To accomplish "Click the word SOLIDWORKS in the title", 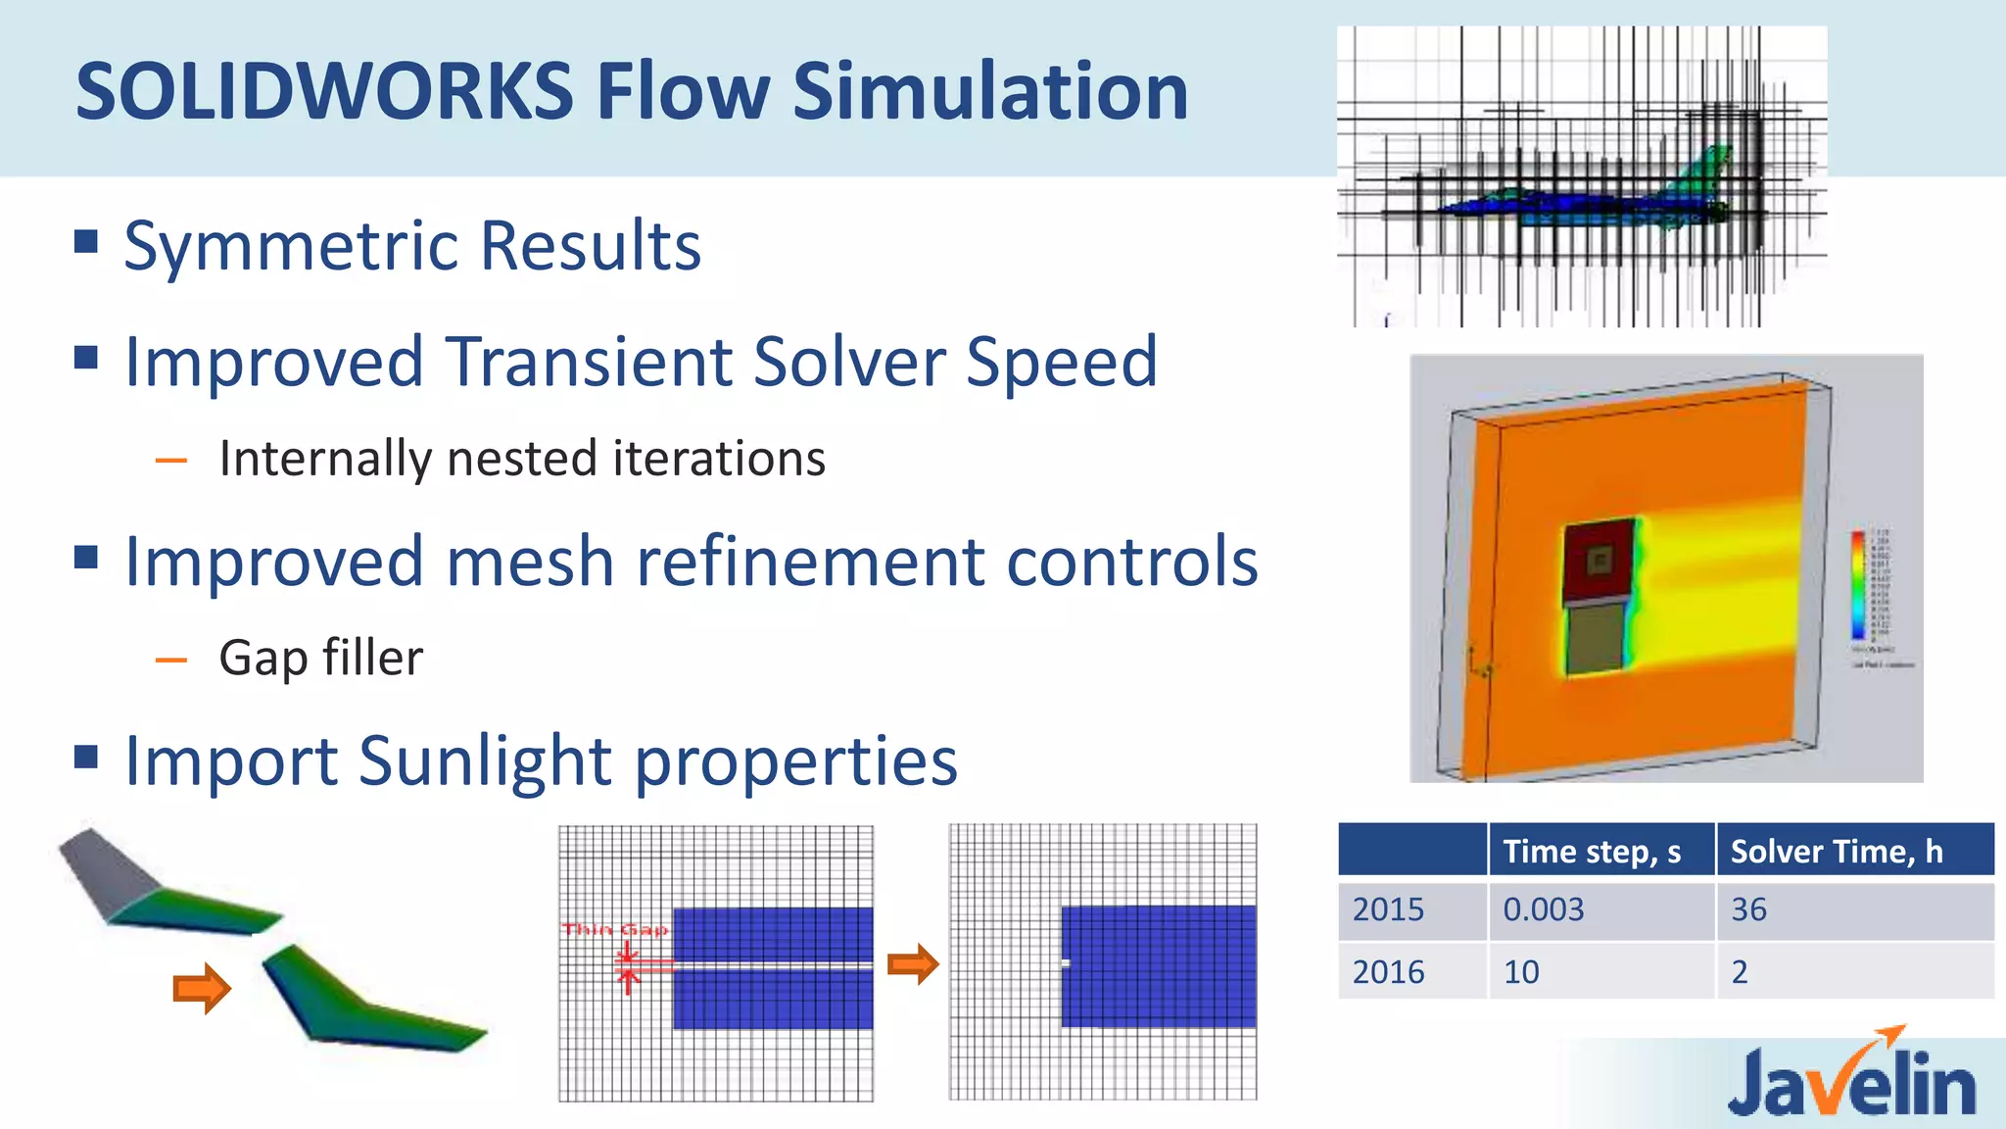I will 323,91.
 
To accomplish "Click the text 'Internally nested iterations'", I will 522,459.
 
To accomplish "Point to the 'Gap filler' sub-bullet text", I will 320,658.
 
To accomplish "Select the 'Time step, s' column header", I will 1592,851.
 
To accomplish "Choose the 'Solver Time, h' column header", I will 1836,851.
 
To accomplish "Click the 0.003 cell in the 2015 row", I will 1543,909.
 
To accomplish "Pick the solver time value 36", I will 1748,909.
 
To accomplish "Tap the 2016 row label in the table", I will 1388,972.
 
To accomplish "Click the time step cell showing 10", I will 1521,972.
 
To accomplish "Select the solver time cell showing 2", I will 1740,972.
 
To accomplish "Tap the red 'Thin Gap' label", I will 615,929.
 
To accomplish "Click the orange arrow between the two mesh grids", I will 913,964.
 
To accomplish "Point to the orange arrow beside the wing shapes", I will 202,988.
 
